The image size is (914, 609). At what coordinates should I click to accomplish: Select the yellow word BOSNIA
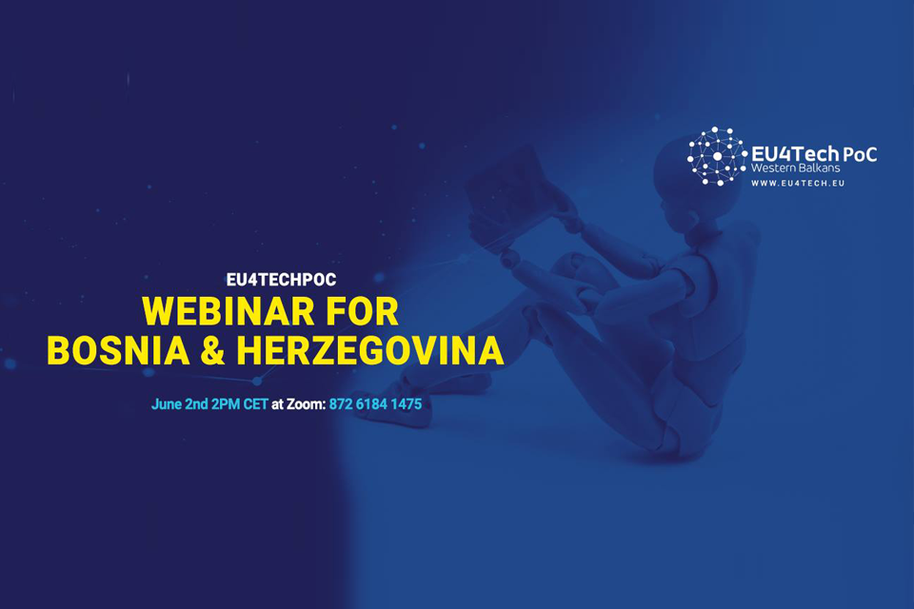(x=118, y=350)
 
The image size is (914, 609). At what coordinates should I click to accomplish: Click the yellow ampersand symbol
(x=212, y=350)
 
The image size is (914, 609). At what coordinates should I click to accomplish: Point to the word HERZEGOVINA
(x=370, y=350)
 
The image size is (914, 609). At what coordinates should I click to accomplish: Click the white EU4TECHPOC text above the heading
(x=281, y=280)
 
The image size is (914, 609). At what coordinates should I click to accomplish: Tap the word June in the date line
(x=166, y=403)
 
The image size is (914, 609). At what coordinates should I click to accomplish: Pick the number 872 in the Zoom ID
(x=341, y=403)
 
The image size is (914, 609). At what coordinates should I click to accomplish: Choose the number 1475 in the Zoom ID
(x=406, y=403)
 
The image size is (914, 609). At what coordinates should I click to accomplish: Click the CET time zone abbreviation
(x=255, y=403)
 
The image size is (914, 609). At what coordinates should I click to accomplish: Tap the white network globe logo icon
(x=717, y=156)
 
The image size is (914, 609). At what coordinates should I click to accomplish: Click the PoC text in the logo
(x=859, y=154)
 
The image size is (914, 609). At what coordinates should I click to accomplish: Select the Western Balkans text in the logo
(x=795, y=167)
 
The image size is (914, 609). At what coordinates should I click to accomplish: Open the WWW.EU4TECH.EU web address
(x=798, y=183)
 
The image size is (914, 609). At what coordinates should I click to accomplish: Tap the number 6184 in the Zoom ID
(x=370, y=403)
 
